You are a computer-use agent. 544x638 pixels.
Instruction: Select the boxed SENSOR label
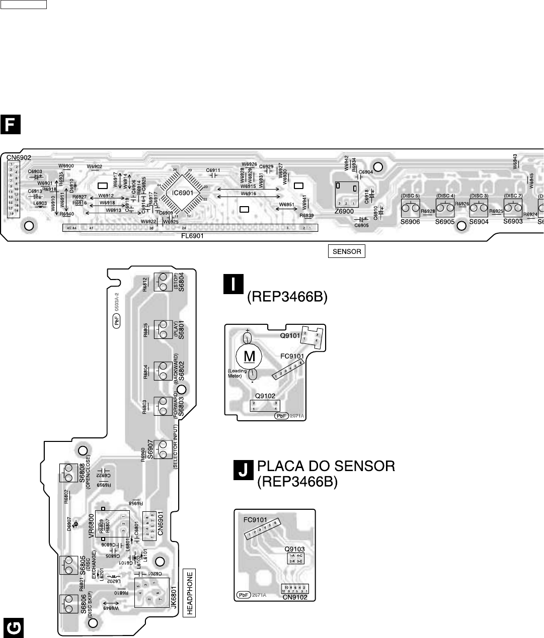(347, 251)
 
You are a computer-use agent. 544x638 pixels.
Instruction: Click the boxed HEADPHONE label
(190, 592)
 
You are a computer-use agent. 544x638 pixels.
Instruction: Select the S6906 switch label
(410, 222)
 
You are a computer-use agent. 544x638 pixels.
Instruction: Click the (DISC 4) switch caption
(445, 196)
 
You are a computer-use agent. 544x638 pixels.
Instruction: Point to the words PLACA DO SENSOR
(326, 466)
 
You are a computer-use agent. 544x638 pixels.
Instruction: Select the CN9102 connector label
(295, 597)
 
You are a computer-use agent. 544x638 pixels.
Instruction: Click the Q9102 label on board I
(265, 395)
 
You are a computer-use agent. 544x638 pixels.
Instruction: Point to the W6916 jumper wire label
(248, 194)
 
